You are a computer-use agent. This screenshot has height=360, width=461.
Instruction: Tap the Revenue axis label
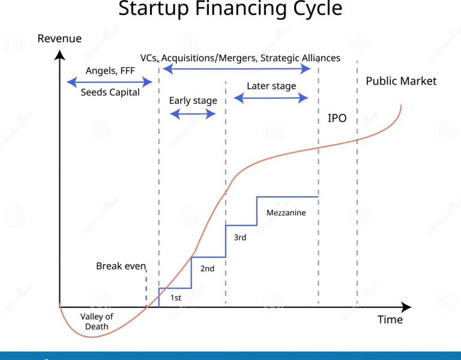click(59, 38)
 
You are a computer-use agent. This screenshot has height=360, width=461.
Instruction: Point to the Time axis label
click(390, 319)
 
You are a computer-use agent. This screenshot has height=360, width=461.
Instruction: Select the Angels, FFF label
click(110, 71)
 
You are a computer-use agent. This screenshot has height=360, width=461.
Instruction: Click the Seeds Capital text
click(110, 92)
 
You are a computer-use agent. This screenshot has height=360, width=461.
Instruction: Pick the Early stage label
click(193, 101)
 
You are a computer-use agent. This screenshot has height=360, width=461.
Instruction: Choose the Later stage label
click(271, 86)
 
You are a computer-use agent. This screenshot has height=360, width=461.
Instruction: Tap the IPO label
click(337, 118)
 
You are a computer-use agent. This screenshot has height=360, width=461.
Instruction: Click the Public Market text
click(401, 81)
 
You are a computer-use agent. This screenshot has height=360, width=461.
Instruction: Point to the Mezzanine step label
click(286, 213)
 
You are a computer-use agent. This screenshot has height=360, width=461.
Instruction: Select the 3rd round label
click(240, 238)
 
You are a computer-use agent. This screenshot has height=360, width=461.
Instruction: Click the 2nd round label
click(207, 269)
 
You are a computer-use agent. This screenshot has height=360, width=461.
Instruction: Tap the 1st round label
click(176, 298)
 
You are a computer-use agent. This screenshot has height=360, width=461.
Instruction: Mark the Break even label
click(121, 266)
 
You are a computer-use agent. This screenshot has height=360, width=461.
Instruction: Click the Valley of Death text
click(97, 322)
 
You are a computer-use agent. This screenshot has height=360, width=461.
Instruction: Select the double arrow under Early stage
click(193, 114)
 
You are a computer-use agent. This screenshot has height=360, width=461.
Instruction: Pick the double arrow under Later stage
click(271, 98)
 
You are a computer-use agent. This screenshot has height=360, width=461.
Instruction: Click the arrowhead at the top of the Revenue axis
click(59, 55)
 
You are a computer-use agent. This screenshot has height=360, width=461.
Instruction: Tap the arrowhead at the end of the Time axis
click(406, 307)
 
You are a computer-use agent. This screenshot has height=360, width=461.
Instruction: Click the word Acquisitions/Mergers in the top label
click(209, 58)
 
